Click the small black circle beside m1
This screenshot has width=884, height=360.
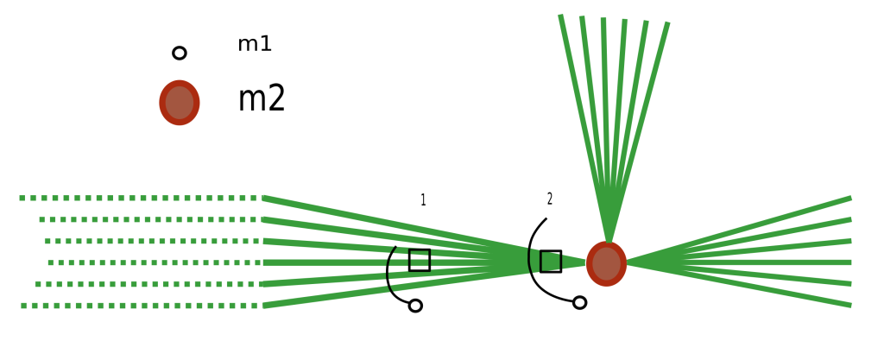pyautogui.click(x=180, y=53)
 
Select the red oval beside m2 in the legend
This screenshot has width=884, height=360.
pyautogui.click(x=180, y=103)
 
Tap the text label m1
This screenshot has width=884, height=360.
pyautogui.click(x=255, y=44)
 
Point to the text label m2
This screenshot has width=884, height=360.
pyautogui.click(x=262, y=100)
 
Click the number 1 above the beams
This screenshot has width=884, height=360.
pyautogui.click(x=423, y=200)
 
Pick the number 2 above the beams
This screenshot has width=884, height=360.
pyautogui.click(x=550, y=199)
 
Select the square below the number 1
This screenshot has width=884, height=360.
pyautogui.click(x=420, y=260)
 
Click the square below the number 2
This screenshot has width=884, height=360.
pyautogui.click(x=551, y=261)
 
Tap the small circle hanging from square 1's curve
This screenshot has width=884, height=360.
pyautogui.click(x=415, y=306)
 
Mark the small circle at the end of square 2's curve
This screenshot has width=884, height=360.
pyautogui.click(x=580, y=302)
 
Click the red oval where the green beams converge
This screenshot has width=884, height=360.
pyautogui.click(x=607, y=263)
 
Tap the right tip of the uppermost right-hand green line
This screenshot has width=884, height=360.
pyautogui.click(x=849, y=199)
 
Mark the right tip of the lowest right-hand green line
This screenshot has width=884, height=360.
pyautogui.click(x=849, y=305)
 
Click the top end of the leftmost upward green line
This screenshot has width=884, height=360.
pyautogui.click(x=562, y=16)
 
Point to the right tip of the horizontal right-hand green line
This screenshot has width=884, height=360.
pyautogui.click(x=849, y=262)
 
